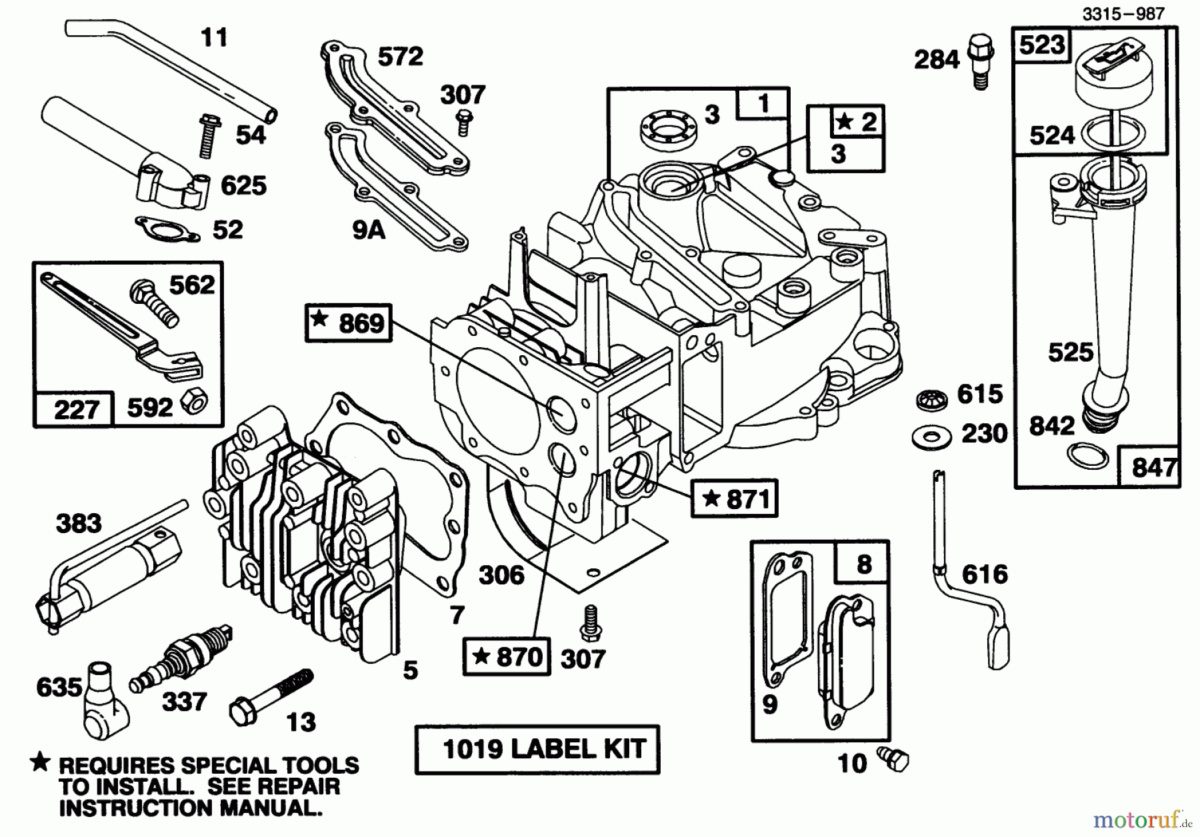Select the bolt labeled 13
tap(270, 692)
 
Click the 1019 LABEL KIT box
tap(537, 749)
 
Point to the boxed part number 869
tap(348, 323)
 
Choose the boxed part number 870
tap(507, 656)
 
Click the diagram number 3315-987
tap(1123, 14)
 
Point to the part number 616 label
tap(985, 574)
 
